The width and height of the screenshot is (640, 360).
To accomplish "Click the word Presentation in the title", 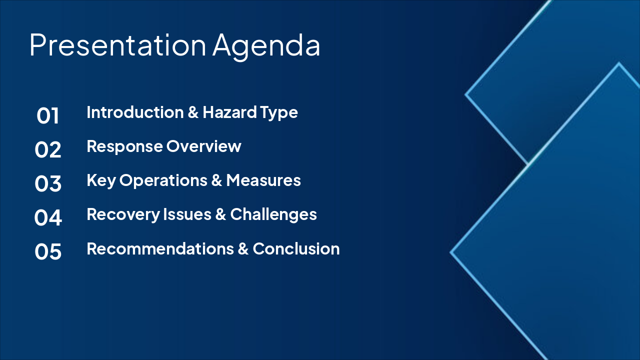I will point(117,45).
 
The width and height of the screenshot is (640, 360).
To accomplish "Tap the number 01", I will point(48,116).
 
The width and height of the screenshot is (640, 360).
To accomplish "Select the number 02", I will point(48,150).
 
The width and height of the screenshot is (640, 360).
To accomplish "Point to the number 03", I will point(48,183).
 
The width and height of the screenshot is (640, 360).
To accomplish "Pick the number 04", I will point(48,217).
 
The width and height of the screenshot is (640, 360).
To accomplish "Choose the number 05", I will point(48,251).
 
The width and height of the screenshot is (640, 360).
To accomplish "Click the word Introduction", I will point(135,112).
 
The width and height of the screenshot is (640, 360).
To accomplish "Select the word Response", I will point(124,146).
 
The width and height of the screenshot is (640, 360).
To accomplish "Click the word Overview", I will point(204,146).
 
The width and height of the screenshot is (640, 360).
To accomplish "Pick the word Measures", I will point(263,180).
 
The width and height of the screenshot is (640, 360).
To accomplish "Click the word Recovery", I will point(122,214).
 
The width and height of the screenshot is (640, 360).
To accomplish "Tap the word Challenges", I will point(273,214).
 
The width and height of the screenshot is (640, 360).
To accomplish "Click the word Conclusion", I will point(296,248).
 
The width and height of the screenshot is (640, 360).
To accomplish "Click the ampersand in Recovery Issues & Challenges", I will point(220,214).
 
